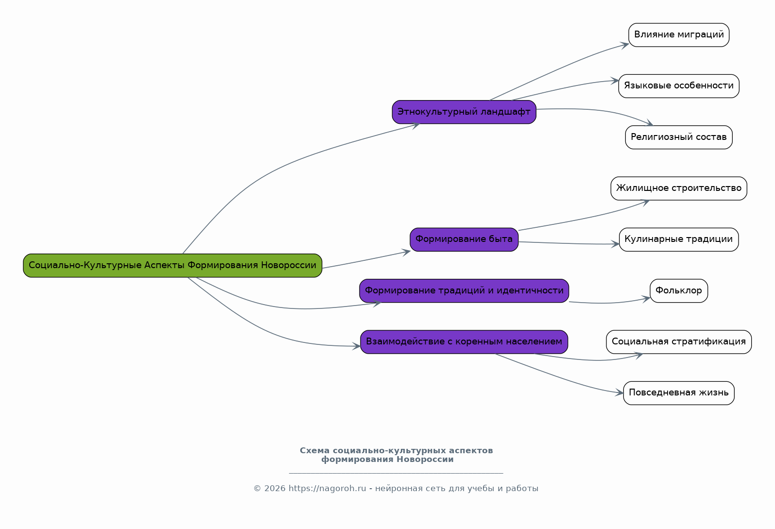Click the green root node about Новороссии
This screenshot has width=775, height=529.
point(172,266)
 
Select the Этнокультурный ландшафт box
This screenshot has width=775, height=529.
point(465,112)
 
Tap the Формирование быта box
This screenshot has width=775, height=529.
point(465,240)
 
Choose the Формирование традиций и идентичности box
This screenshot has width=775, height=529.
point(465,291)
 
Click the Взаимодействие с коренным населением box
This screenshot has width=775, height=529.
point(465,342)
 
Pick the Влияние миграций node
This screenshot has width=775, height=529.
point(679,35)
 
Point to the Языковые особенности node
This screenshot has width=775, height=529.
point(679,86)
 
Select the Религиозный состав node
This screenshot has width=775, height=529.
point(679,137)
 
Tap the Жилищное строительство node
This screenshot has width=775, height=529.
point(679,188)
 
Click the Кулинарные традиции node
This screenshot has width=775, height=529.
point(679,240)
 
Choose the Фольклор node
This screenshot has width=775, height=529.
point(679,291)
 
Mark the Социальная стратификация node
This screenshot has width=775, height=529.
point(679,342)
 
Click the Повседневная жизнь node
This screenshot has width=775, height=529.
point(679,393)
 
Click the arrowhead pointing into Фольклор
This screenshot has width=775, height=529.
point(646,299)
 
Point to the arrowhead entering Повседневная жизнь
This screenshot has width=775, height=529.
point(620,392)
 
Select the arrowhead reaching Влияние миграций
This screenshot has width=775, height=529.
point(625,46)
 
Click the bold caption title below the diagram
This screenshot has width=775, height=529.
point(396,455)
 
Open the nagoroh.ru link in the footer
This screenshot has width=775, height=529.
point(327,489)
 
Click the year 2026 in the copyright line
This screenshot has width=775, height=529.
point(275,489)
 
